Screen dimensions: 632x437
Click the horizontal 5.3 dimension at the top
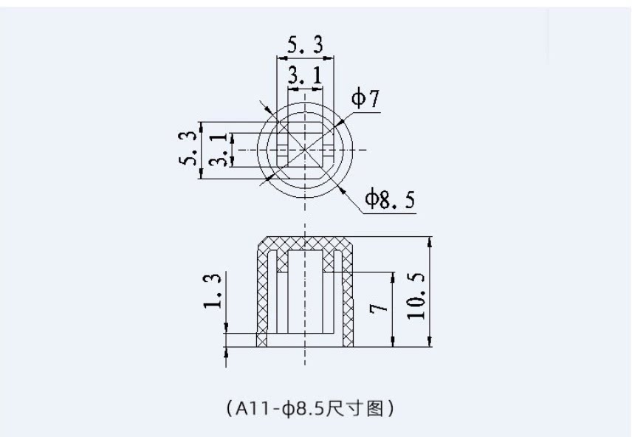pos(305,44)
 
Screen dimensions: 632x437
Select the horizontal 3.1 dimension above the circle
pos(305,75)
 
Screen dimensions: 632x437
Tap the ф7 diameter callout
pos(365,98)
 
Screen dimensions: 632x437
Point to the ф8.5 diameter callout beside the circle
pos(390,199)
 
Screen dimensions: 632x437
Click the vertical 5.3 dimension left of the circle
pos(188,149)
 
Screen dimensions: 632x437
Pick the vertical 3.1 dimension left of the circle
pos(218,150)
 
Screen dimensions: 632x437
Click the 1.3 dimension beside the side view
pos(212,291)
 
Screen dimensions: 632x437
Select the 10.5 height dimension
pos(416,296)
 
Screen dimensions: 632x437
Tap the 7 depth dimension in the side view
pos(379,309)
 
